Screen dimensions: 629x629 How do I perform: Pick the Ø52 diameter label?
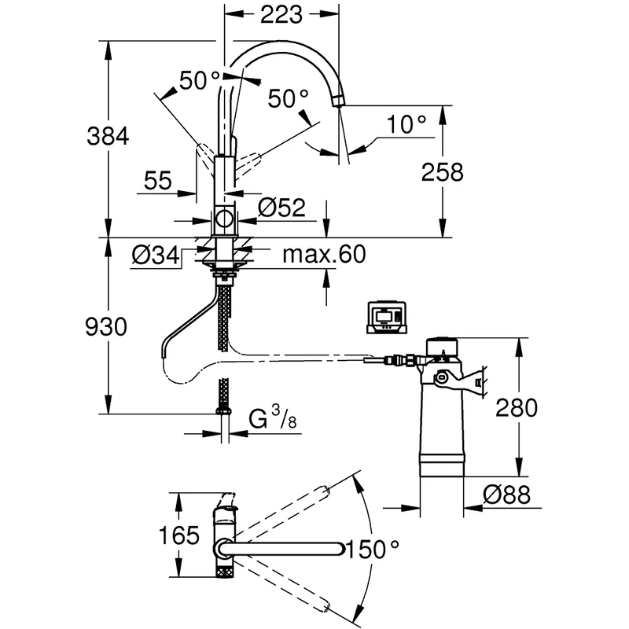(281, 208)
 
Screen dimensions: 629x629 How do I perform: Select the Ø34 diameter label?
(153, 255)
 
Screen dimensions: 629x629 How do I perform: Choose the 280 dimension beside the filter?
(516, 407)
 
